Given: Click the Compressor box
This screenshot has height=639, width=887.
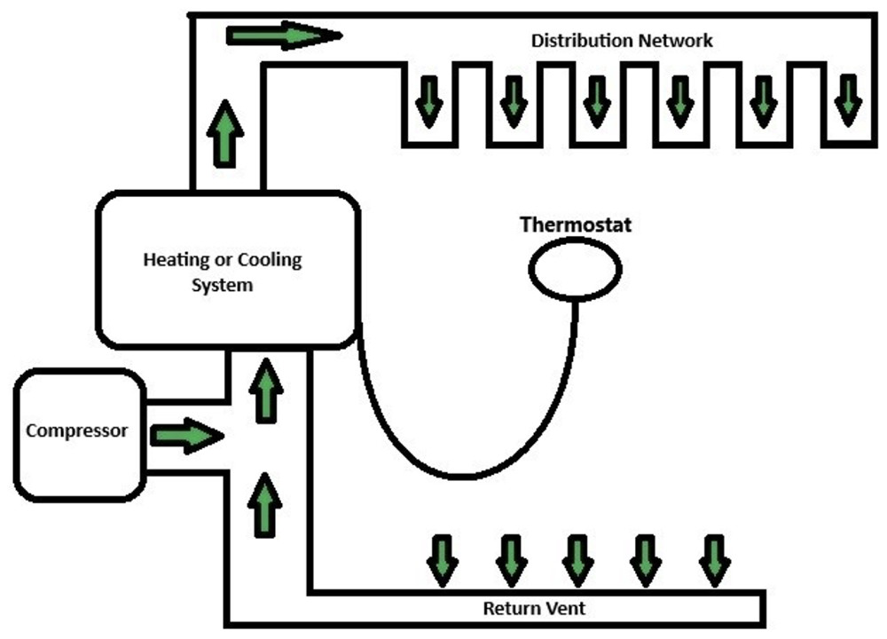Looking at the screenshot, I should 78,433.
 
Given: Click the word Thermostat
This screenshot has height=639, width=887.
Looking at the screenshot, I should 575,225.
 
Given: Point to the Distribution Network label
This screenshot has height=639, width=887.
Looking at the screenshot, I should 621,41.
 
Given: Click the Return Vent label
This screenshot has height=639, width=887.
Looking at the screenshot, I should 534,609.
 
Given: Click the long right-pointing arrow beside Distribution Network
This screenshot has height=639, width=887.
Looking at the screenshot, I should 283,35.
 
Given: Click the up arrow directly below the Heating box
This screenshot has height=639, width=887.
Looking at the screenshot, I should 265,390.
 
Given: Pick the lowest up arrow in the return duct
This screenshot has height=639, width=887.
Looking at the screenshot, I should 265,503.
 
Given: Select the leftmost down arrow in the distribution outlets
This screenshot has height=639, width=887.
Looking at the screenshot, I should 430,99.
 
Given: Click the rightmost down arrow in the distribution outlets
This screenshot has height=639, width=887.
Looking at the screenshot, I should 848,99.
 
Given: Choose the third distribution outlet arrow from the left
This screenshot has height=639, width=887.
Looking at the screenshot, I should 597,99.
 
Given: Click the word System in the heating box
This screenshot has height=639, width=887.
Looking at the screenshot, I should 223,286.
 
